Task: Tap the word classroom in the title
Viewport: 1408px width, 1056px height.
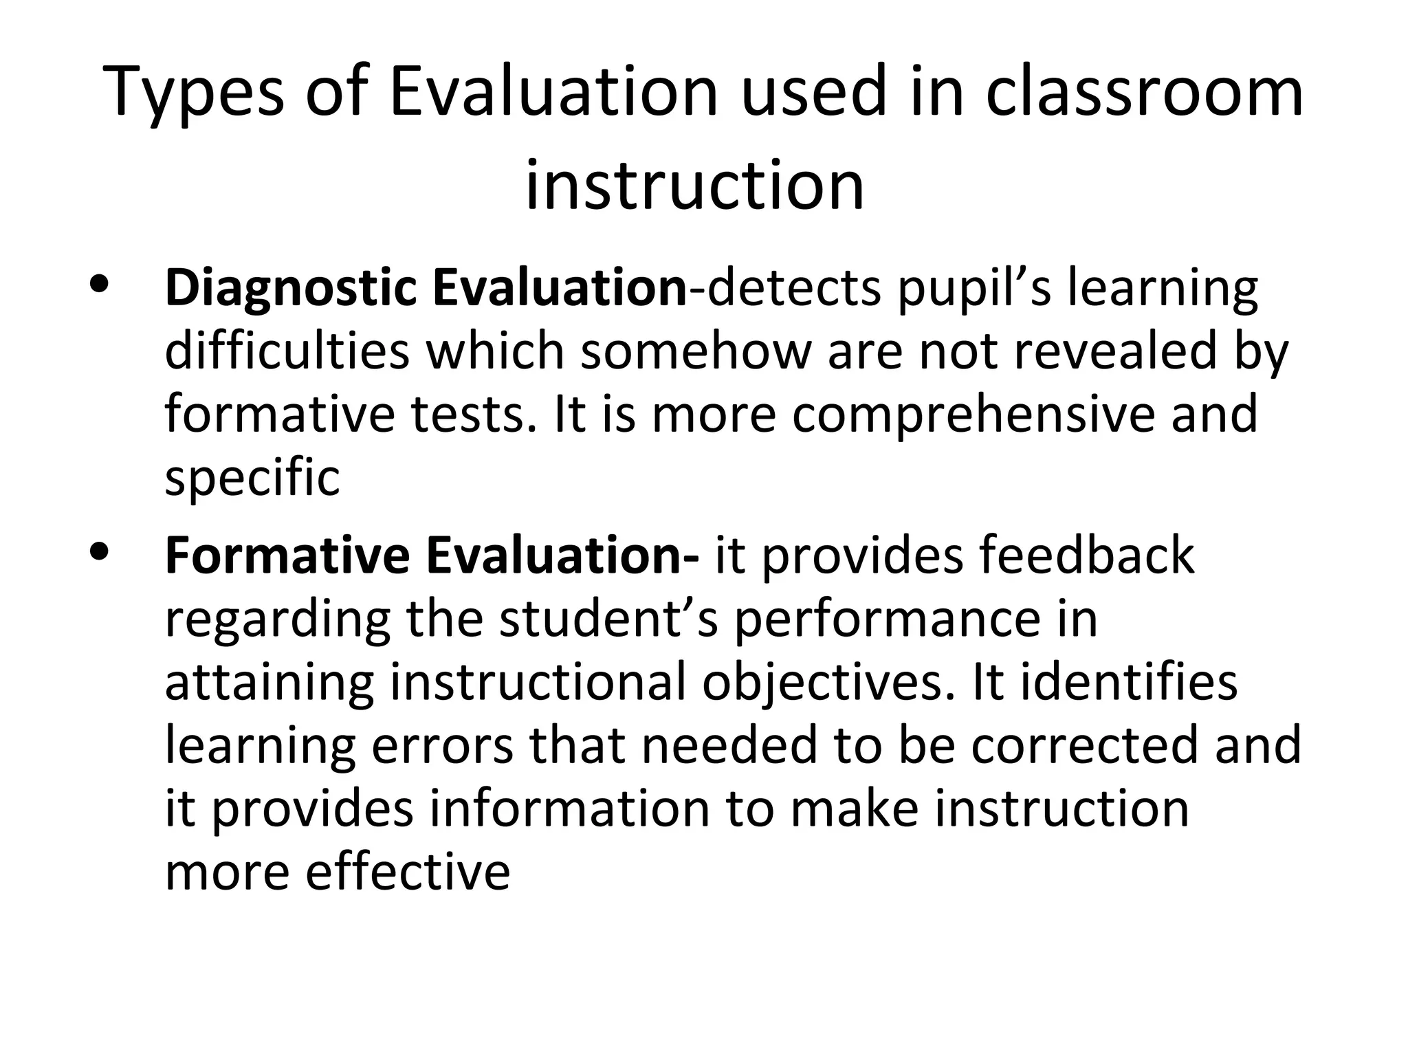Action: [1144, 91]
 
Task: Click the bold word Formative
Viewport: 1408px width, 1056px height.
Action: [287, 555]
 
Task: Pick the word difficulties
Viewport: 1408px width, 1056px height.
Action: [287, 351]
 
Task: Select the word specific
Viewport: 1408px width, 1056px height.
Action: [252, 478]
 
